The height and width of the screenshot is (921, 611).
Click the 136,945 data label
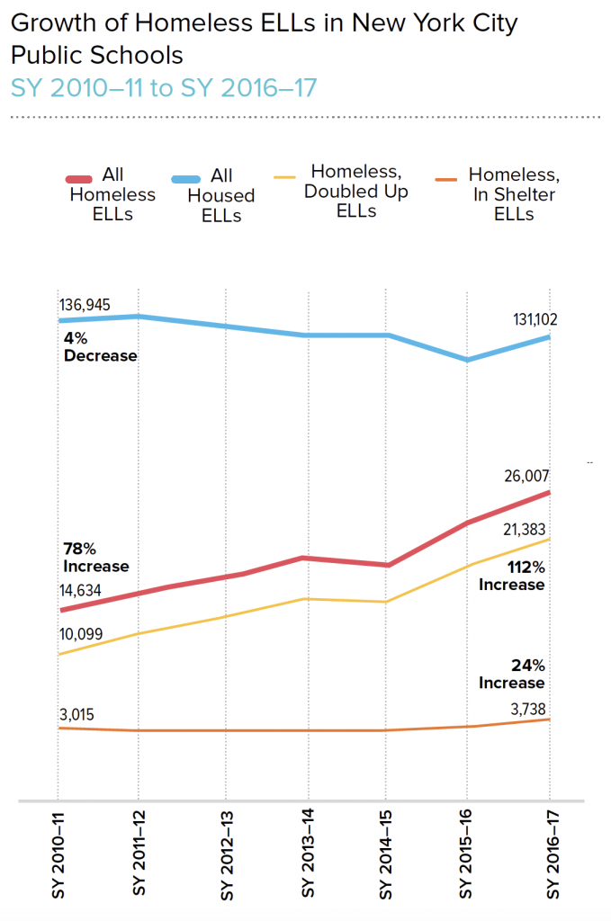pyautogui.click(x=85, y=306)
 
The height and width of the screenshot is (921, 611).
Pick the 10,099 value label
pyautogui.click(x=81, y=634)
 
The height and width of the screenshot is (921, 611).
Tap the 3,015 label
pyautogui.click(x=76, y=715)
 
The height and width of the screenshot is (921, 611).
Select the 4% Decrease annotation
pyautogui.click(x=100, y=347)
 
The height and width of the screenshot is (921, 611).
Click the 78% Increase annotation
pyautogui.click(x=95, y=558)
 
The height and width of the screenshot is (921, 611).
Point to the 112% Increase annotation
pyautogui.click(x=512, y=577)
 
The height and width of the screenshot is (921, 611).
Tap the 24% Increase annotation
pyautogui.click(x=512, y=675)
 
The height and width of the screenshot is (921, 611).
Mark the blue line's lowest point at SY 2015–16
pyautogui.click(x=466, y=360)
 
